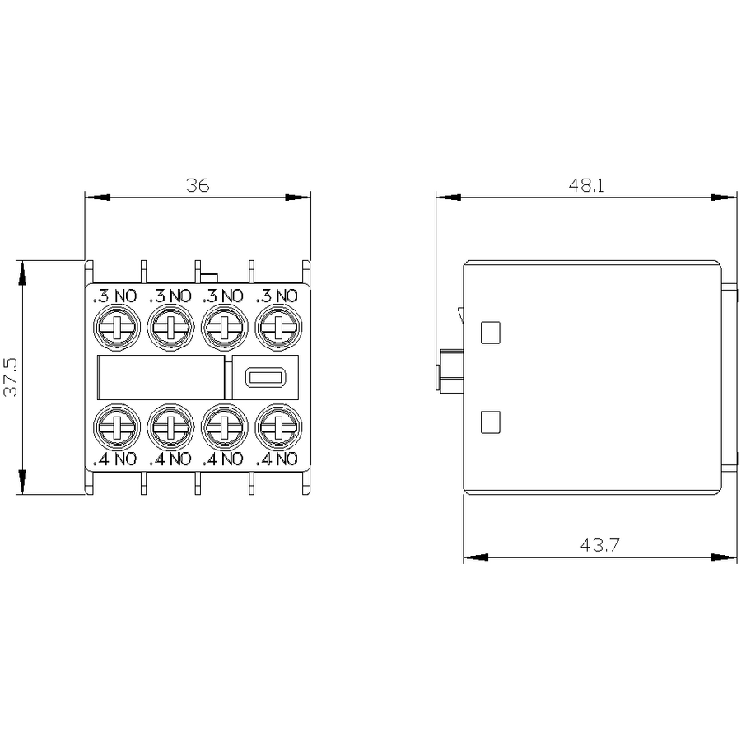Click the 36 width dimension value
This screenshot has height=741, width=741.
(x=198, y=185)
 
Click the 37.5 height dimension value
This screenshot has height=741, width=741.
(x=11, y=376)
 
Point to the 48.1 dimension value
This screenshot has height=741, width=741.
(x=586, y=185)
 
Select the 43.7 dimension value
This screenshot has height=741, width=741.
(x=599, y=545)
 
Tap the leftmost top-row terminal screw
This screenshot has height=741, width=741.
(x=117, y=327)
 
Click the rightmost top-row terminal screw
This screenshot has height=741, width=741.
(x=278, y=327)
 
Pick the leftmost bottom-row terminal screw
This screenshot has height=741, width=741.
(x=117, y=426)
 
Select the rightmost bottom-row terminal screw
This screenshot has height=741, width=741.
(x=278, y=426)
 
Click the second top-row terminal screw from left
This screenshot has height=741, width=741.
(x=170, y=327)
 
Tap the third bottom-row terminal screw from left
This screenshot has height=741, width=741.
(x=225, y=426)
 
